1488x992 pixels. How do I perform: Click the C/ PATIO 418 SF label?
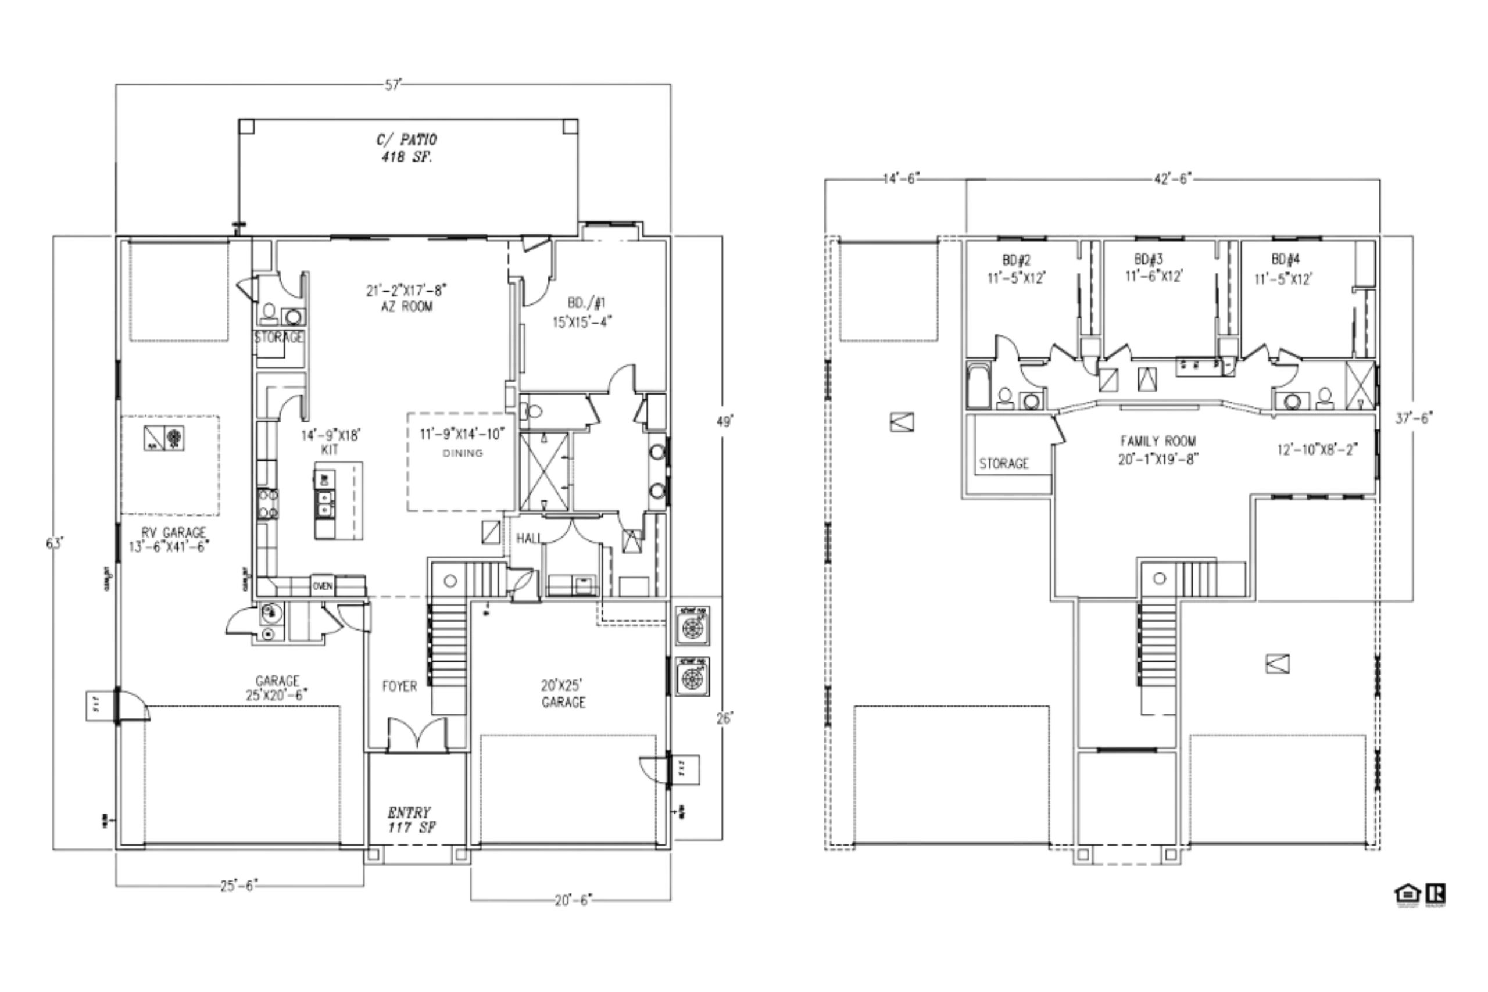coord(407,148)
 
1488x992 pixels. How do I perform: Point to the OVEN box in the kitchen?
coord(323,586)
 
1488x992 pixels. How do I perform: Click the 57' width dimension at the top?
coord(394,85)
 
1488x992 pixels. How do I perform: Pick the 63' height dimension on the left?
coord(55,543)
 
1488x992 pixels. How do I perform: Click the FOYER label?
coord(399,686)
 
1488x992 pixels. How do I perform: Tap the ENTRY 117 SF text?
coord(410,819)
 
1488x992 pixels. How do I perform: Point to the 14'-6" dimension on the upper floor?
coord(901,179)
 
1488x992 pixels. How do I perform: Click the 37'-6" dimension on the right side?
coord(1414,418)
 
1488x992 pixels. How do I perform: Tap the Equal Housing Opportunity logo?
coord(1407,894)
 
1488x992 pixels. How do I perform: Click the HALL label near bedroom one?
coord(528,538)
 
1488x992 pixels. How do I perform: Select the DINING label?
coord(463,453)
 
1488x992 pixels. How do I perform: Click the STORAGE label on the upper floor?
coord(1003,464)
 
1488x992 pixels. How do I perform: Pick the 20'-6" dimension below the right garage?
coord(573,900)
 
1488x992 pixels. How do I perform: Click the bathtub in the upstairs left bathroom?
coord(978,386)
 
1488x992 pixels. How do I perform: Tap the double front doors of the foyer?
coord(417,735)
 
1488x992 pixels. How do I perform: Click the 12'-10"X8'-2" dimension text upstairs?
coord(1317,450)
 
